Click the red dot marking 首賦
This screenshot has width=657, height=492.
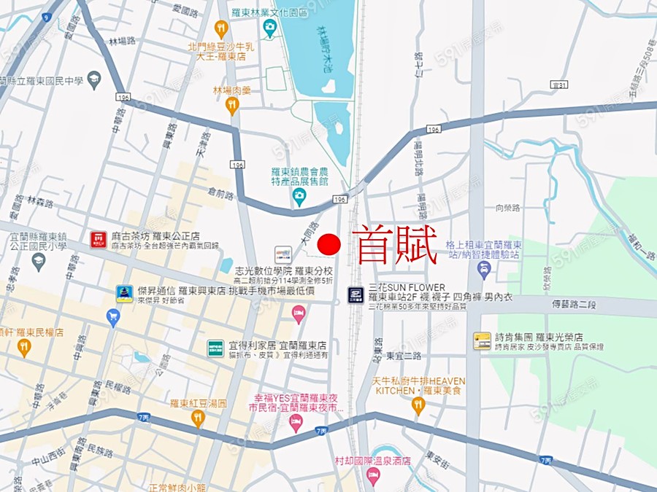pyautogui.click(x=330, y=245)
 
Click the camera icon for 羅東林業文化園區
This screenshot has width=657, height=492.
pyautogui.click(x=270, y=28)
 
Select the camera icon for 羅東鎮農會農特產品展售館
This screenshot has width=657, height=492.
pyautogui.click(x=299, y=196)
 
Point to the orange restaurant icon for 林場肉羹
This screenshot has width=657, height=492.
pyautogui.click(x=232, y=106)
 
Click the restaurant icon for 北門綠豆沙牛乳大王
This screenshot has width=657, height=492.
pyautogui.click(x=221, y=29)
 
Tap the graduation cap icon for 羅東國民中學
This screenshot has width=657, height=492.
pyautogui.click(x=93, y=79)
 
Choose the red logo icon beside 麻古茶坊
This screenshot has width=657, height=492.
pyautogui.click(x=99, y=239)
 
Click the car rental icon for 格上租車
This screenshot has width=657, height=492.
pyautogui.click(x=483, y=270)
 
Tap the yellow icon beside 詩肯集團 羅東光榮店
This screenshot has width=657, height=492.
pyautogui.click(x=482, y=340)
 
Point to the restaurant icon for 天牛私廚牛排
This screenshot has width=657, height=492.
pyautogui.click(x=418, y=406)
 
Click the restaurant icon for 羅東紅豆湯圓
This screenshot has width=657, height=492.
pyautogui.click(x=198, y=418)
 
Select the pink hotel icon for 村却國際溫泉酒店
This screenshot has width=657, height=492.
pyautogui.click(x=373, y=477)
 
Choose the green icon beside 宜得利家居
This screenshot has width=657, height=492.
pyautogui.click(x=215, y=348)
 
